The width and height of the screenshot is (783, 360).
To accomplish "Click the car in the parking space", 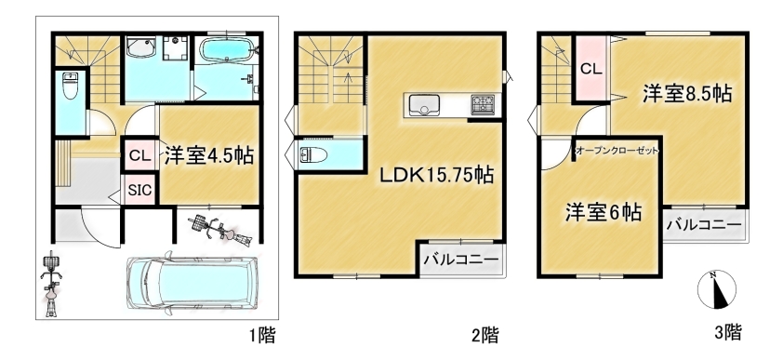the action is (x=193, y=283).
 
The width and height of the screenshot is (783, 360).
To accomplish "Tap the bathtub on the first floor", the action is (x=227, y=50).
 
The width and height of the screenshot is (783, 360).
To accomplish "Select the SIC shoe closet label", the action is (x=140, y=190).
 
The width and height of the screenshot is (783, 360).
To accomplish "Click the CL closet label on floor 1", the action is (x=139, y=155).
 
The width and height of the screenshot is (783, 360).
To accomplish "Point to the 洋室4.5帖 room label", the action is (x=209, y=155).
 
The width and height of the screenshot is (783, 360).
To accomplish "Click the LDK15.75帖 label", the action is (x=437, y=175).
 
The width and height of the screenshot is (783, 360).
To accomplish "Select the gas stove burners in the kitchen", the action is (x=483, y=105).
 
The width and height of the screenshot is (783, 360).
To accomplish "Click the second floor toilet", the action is (x=313, y=154).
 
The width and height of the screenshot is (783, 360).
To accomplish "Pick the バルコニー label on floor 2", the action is (x=462, y=260).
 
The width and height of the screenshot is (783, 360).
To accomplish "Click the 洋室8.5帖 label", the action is (x=686, y=94).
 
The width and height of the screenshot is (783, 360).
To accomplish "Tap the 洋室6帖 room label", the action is (x=604, y=213).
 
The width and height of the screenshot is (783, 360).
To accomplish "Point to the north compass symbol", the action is (x=717, y=289).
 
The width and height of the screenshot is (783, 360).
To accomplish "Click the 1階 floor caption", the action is (x=261, y=335).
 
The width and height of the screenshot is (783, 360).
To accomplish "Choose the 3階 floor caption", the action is (x=727, y=331).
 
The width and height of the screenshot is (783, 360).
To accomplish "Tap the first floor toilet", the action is (x=70, y=86).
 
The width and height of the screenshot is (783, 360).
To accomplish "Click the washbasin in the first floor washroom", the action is (x=140, y=47).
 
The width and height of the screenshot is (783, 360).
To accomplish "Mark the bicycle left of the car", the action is (x=51, y=283).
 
